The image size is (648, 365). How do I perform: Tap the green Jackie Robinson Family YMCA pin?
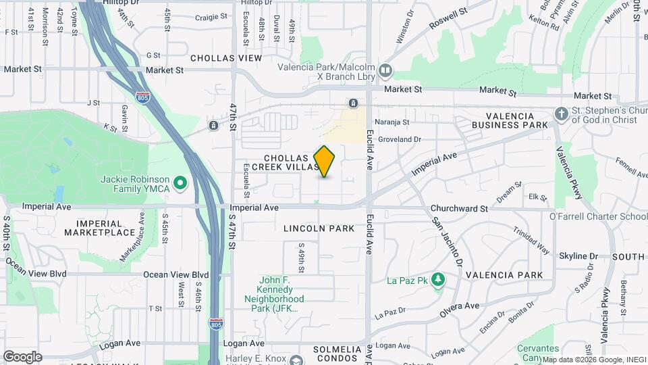(x=180, y=182)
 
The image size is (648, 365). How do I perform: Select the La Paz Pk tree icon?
(x=437, y=279)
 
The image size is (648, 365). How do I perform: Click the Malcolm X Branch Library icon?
(x=385, y=70)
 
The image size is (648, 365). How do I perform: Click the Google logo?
(x=22, y=356)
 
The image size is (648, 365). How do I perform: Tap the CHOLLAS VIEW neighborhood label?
(x=225, y=58)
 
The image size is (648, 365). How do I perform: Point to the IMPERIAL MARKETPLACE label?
(x=99, y=228)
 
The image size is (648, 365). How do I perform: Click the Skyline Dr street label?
(x=578, y=256)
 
